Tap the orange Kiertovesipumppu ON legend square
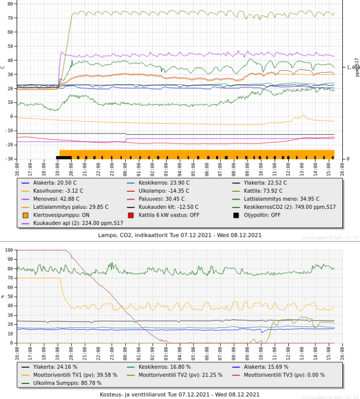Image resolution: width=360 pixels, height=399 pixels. click(25, 215)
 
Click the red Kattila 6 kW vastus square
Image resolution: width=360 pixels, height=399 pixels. click(130, 215)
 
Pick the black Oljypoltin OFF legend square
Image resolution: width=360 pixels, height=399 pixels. click(235, 215)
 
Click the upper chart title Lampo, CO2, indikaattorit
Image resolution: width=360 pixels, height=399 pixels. click(180, 235)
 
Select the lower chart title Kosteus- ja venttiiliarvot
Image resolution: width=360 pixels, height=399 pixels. click(180, 394)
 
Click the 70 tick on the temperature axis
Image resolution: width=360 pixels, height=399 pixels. click(10, 18)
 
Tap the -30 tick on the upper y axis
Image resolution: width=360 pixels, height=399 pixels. click(9, 159)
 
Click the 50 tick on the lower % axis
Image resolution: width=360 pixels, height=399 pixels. click(10, 296)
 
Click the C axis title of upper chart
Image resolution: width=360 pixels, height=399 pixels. click(3, 66)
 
